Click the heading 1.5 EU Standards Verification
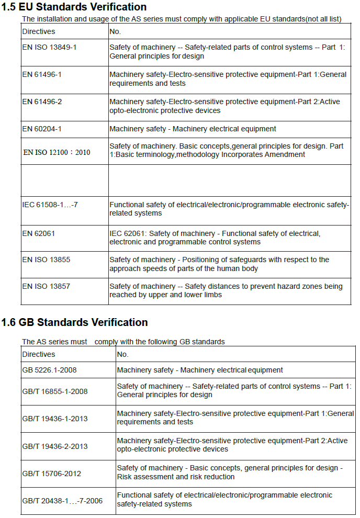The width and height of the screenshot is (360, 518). [x=74, y=7]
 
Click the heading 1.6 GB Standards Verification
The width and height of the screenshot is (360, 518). [x=74, y=322]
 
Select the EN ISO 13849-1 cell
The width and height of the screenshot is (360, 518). [x=49, y=47]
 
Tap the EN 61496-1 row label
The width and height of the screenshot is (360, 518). [x=42, y=74]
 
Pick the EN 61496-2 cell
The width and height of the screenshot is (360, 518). [x=42, y=102]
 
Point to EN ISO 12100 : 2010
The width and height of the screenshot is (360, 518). [x=57, y=152]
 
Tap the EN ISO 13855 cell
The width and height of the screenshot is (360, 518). [x=46, y=260]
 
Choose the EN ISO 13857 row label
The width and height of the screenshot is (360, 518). [x=46, y=286]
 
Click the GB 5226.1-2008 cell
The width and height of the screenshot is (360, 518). [x=49, y=370]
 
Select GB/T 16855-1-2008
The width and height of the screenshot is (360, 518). [x=55, y=391]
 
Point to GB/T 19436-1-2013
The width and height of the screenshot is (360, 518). [x=55, y=419]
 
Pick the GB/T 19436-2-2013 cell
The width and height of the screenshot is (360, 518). [x=55, y=446]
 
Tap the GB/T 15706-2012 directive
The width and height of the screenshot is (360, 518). [x=51, y=474]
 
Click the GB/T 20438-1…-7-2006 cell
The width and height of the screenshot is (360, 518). [x=62, y=501]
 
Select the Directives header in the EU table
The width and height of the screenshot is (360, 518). [x=38, y=31]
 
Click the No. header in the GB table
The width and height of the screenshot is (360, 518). [x=122, y=354]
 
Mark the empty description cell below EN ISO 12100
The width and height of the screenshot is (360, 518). [x=230, y=180]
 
